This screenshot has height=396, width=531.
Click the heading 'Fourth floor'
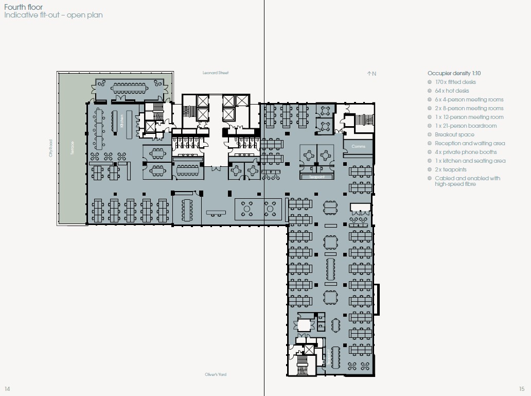pos(24,7)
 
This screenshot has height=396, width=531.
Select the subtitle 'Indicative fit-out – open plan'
pos(53,15)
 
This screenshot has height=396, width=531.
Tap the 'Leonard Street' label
pos(216,73)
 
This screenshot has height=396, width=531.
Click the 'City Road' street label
pos(51,148)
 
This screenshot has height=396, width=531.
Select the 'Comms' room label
pos(358,147)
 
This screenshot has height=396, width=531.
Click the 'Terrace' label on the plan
pos(73,148)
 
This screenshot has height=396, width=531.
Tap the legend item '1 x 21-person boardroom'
pos(465,126)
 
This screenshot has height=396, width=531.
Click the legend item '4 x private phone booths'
pos(466,152)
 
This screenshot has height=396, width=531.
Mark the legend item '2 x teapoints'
pos(450,169)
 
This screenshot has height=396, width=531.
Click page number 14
pos(7,388)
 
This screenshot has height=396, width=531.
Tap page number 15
pos(522,388)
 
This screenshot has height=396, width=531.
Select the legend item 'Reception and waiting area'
pos(469,143)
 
